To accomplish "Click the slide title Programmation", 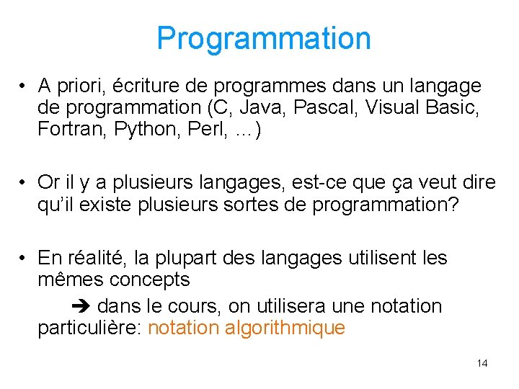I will coord(264,38).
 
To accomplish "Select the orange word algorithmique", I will coord(285,328).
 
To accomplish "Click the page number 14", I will coord(482,363).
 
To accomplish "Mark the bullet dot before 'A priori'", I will coord(24,87).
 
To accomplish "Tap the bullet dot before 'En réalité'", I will coord(24,259).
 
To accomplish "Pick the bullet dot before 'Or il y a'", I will coord(24,184).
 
